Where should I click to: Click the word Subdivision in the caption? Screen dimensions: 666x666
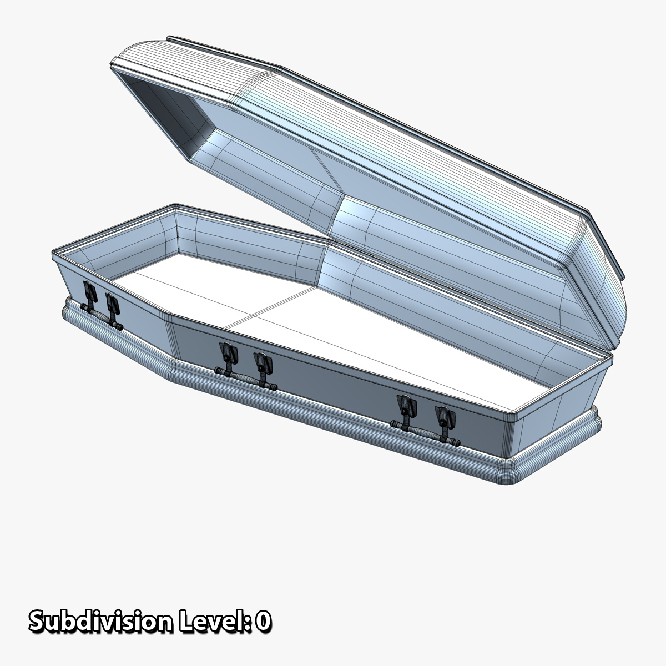click(x=100, y=622)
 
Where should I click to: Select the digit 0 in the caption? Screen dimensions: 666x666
click(x=264, y=622)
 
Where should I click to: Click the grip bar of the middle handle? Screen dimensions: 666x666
click(x=244, y=377)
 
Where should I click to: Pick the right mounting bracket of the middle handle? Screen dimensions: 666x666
click(x=262, y=362)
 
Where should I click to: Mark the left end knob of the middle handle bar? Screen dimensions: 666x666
click(x=218, y=370)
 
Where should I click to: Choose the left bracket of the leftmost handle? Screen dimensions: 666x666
click(x=87, y=292)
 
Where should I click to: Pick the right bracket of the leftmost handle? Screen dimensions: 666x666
click(x=112, y=304)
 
